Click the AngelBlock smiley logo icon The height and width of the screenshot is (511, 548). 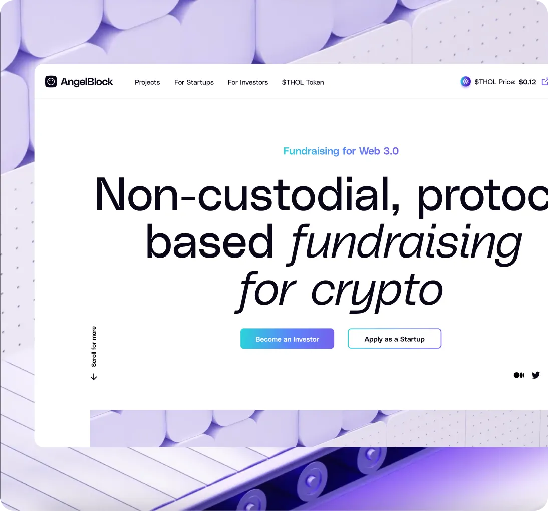tap(51, 82)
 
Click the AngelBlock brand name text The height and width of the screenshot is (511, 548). tap(87, 82)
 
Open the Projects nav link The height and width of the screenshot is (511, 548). tap(147, 82)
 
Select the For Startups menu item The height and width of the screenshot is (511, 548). tap(194, 82)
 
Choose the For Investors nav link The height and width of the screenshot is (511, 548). tap(248, 82)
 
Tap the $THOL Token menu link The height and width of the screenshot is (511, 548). tap(303, 82)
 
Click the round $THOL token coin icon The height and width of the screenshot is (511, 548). tap(466, 82)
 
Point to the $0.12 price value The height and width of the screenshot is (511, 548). tap(527, 82)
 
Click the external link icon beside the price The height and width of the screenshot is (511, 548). tap(545, 82)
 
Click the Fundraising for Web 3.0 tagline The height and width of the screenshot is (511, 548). tap(341, 151)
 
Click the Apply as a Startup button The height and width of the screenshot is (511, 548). tap(394, 339)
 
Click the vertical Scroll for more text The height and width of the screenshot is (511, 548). tap(94, 347)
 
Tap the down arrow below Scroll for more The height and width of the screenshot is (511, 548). tap(94, 377)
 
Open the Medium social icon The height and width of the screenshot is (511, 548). tap(519, 375)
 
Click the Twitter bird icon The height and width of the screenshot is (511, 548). tap(536, 375)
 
